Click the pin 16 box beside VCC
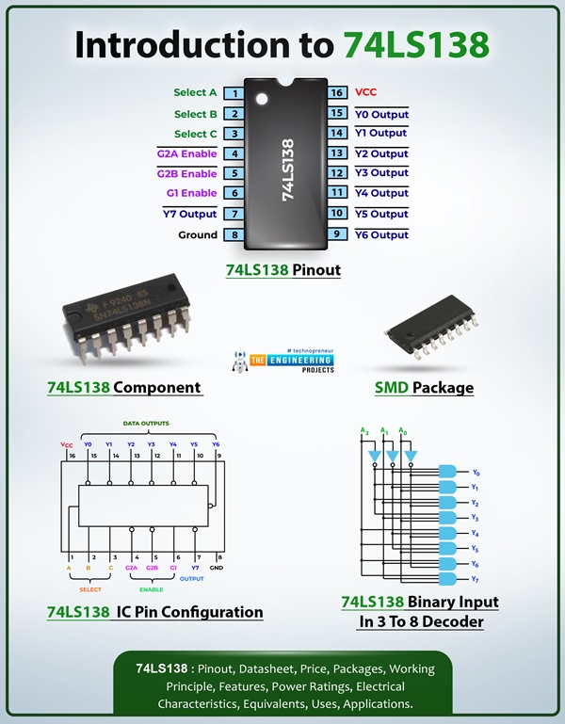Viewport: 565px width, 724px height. coord(336,93)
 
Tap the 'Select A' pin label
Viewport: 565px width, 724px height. coord(195,92)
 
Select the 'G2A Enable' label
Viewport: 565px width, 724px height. coord(186,153)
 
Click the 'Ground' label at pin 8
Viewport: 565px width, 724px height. coord(198,234)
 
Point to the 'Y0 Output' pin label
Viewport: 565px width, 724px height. coord(381,114)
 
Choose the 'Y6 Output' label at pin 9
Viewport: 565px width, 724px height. coord(381,234)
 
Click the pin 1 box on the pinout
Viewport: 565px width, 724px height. coord(234,93)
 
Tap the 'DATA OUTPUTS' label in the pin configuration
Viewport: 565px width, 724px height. coord(145,424)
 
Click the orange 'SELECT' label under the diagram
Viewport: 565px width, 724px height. coord(90,589)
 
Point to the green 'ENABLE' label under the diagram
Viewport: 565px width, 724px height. coord(151,589)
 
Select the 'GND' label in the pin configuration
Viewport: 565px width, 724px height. coord(217,569)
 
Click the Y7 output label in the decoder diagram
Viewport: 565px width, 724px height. coord(476,579)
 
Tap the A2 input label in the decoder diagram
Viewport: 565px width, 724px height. coord(363,431)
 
